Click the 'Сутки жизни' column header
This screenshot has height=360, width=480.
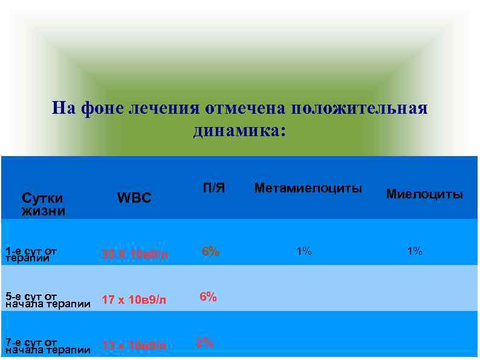[x=43, y=204]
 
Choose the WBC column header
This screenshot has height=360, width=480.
[x=134, y=198]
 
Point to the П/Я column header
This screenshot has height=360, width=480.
[x=213, y=189]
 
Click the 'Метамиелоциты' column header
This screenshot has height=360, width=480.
[x=308, y=189]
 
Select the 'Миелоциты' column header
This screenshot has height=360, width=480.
[x=424, y=194]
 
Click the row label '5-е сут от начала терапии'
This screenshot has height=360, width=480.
[x=47, y=300]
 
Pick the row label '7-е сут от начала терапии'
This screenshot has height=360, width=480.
[x=47, y=346]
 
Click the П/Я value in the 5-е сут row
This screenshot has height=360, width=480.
[x=208, y=296]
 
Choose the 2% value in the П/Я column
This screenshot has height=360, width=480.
[x=204, y=342]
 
